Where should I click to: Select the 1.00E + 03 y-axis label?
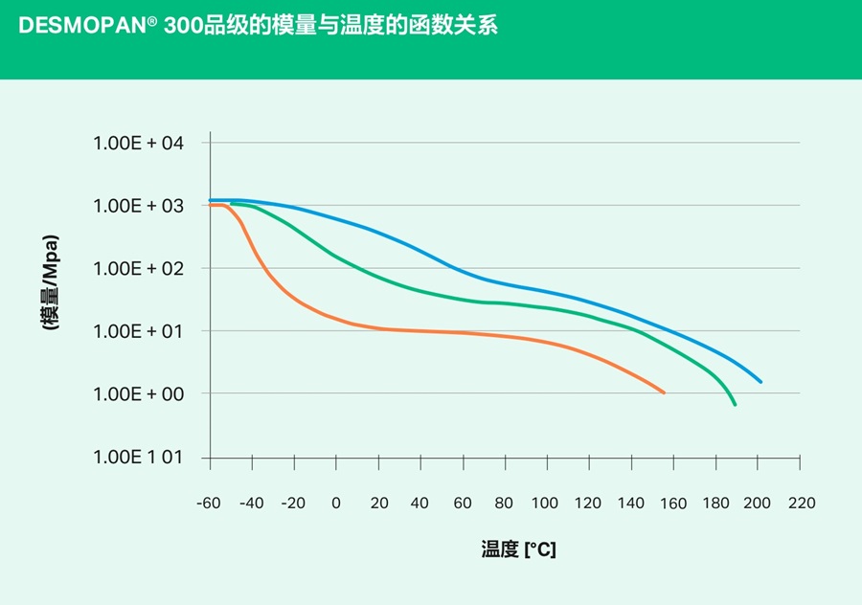click(138, 206)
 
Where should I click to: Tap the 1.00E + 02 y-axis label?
click(138, 268)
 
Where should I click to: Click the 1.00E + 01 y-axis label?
click(138, 331)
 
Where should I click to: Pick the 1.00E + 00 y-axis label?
click(138, 394)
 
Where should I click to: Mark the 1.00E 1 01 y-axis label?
click(138, 458)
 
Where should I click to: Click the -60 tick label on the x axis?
click(209, 504)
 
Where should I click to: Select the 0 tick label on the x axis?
click(336, 504)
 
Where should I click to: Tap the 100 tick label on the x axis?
click(546, 504)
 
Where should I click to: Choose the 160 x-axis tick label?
click(673, 504)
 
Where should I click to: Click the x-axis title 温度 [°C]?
click(518, 550)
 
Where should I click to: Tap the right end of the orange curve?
click(664, 392)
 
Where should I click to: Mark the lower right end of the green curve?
click(735, 405)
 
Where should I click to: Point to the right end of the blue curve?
click(761, 382)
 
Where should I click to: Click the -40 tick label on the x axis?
click(251, 504)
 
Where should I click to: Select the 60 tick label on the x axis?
click(462, 504)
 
